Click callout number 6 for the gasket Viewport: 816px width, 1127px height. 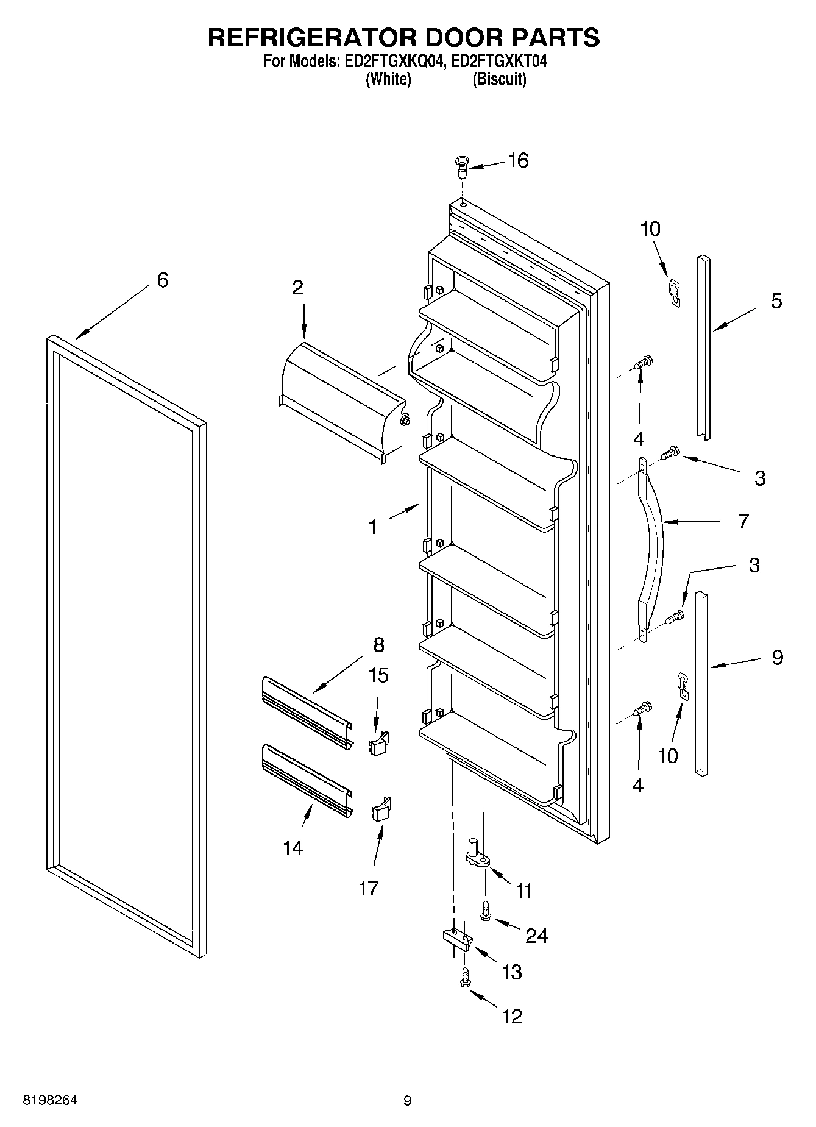(x=162, y=280)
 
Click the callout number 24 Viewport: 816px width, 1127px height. (x=537, y=935)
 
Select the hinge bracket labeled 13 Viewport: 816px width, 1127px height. (x=456, y=939)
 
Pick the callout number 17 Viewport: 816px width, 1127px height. (x=369, y=888)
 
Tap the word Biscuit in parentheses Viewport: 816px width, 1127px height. (x=500, y=79)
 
